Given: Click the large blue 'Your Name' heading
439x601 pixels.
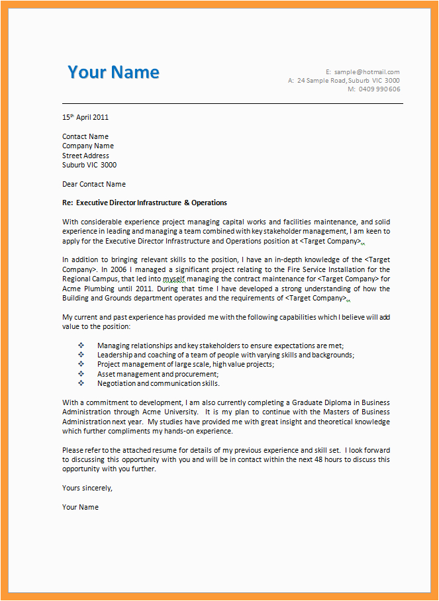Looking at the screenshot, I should click(113, 72).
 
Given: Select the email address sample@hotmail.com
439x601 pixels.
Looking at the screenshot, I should click(367, 71).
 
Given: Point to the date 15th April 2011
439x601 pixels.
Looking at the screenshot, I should click(85, 117).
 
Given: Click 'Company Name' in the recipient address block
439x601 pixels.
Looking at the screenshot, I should click(88, 146).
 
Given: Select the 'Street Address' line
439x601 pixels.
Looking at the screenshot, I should click(85, 156).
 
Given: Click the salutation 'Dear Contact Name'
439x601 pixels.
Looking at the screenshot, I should click(93, 184).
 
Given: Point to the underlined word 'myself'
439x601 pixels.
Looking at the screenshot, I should click(176, 279).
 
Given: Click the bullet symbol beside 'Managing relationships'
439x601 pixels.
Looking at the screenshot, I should click(81, 346).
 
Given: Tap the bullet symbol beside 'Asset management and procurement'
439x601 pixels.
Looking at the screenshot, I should click(81, 374).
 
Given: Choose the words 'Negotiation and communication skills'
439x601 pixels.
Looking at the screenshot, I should click(158, 383).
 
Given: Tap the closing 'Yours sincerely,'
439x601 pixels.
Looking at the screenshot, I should click(87, 488).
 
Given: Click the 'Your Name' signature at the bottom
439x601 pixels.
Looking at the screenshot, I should click(80, 507).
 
